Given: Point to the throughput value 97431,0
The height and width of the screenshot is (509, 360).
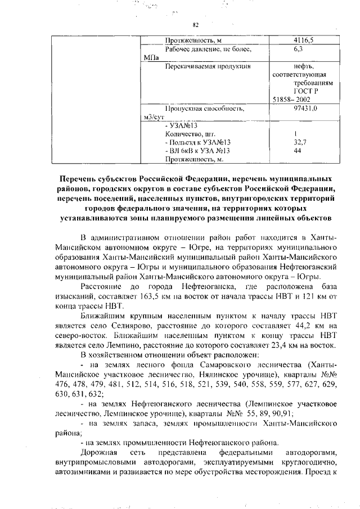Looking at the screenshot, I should [x=303, y=107].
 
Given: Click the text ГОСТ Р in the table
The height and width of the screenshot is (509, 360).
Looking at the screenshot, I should [x=305, y=90].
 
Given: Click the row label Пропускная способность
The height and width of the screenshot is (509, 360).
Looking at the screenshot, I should [x=203, y=107].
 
